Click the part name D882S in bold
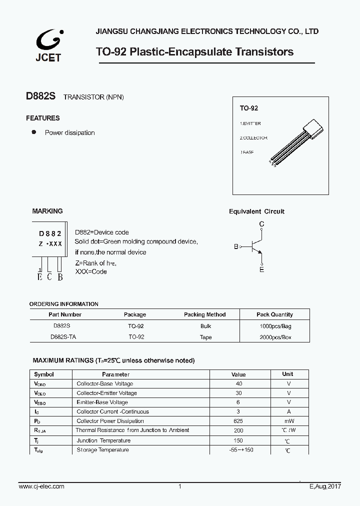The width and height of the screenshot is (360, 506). coord(41,96)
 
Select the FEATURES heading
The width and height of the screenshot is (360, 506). coord(43,118)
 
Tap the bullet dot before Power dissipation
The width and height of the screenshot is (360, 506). coord(34,132)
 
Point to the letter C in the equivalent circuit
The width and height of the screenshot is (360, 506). coord(261,224)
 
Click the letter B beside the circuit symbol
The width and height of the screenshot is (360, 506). coord(236,246)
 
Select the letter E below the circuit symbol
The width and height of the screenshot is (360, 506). coord(261,269)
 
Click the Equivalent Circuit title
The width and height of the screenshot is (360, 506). coord(256,211)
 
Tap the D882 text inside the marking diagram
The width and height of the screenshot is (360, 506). coord(50,233)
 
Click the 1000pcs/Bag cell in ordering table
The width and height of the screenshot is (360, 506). coord(274,325)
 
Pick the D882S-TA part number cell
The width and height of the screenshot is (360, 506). coord(63,337)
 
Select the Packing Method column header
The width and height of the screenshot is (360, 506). coord(204,314)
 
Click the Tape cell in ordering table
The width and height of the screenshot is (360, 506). coord(205,337)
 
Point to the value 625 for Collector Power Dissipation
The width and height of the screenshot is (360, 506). coord(238,421)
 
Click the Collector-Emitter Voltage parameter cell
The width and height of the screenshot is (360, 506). coord(106,393)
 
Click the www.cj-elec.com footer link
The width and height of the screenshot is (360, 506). coord(41,486)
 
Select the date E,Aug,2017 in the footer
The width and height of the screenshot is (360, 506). coord(325,486)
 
